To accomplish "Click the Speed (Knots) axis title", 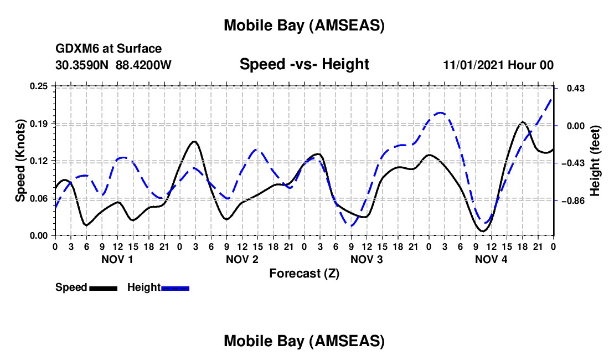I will (x=20, y=161).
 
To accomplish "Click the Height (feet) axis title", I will (x=595, y=161).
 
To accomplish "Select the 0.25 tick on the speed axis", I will (x=39, y=86).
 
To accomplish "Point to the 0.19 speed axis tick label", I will (x=39, y=123).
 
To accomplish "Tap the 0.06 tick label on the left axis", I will (x=39, y=198).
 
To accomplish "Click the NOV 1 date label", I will (x=117, y=259).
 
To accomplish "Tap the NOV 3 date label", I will (x=367, y=259).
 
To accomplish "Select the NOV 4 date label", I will (x=491, y=259).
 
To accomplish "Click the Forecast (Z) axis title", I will (x=304, y=273).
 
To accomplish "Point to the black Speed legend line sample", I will (x=103, y=287).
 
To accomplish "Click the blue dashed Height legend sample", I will (x=175, y=287).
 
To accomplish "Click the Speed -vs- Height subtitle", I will (x=304, y=64).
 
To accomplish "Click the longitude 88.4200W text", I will (x=144, y=65).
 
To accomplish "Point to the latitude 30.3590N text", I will (x=83, y=65).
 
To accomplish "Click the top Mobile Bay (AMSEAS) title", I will (x=304, y=25).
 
